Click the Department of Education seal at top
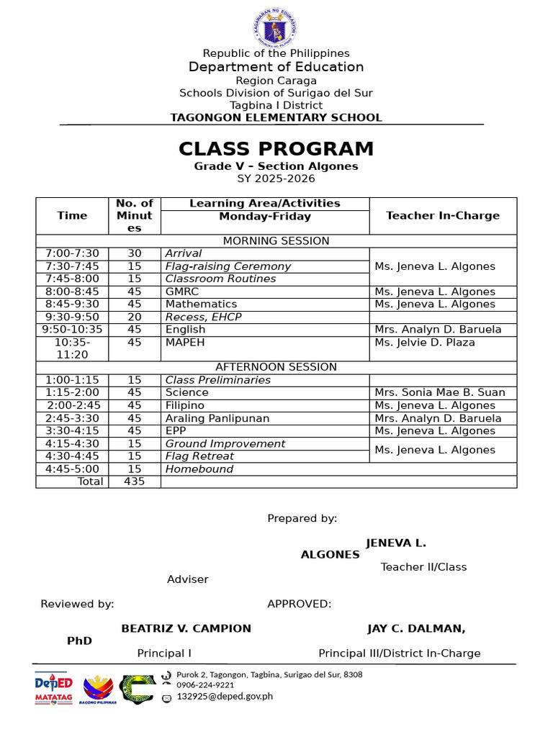(x=276, y=27)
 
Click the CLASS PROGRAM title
(x=276, y=149)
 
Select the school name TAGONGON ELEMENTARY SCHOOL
(x=276, y=118)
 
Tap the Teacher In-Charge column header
(x=442, y=216)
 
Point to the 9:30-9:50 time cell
(x=72, y=317)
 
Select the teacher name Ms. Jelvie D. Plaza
(x=425, y=343)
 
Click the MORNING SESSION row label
(x=276, y=241)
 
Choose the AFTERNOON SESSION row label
(x=276, y=367)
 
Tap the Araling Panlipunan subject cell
(x=217, y=418)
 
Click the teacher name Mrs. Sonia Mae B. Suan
(x=440, y=393)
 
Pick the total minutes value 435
(x=135, y=481)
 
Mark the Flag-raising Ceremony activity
(x=228, y=266)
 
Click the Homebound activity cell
(x=199, y=469)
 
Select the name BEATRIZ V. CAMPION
(x=186, y=628)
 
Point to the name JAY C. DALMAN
(x=415, y=628)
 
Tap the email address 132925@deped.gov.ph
(x=225, y=696)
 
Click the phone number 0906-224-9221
(x=205, y=685)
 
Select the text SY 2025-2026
(x=276, y=178)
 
